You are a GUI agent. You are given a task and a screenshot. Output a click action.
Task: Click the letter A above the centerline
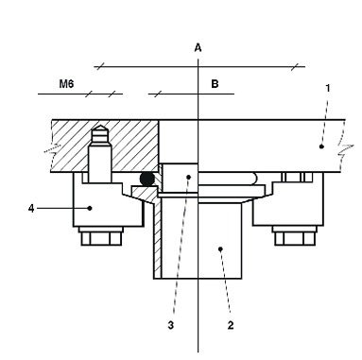(x=198, y=48)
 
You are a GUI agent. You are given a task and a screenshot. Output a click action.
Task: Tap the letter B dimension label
(x=215, y=84)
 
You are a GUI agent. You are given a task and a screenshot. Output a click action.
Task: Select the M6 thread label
(x=66, y=84)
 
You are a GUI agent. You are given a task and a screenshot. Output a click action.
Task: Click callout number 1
(x=328, y=89)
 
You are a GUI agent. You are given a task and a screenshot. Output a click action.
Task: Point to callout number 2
(x=231, y=325)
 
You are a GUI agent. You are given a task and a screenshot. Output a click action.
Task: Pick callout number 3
(x=170, y=325)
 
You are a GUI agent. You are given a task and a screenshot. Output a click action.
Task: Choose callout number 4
(x=31, y=208)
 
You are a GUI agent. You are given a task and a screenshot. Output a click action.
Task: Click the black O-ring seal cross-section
(x=147, y=179)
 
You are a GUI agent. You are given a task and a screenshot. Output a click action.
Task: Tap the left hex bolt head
(x=101, y=236)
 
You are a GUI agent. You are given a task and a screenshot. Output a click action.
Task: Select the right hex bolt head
(x=294, y=236)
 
